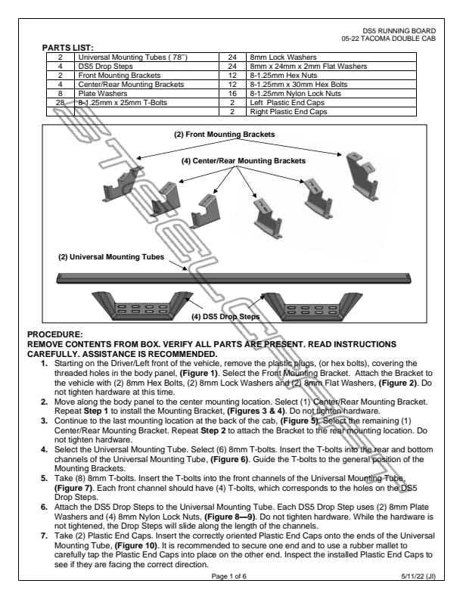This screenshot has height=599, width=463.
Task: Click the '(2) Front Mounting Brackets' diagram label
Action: click(224, 135)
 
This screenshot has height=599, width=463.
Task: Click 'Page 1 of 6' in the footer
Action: click(231, 576)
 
